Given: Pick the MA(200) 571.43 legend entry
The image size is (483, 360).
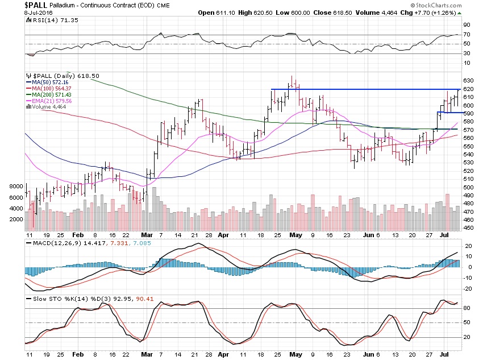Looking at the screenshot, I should coord(51,94).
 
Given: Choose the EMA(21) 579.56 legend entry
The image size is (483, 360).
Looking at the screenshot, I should coord(51,100).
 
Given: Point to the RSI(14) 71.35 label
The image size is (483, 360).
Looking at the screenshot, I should coord(44,19).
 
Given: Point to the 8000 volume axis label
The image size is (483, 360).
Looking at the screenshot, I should coord(15,186).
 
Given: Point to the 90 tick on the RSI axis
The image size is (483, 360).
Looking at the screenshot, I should coord(466,24).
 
